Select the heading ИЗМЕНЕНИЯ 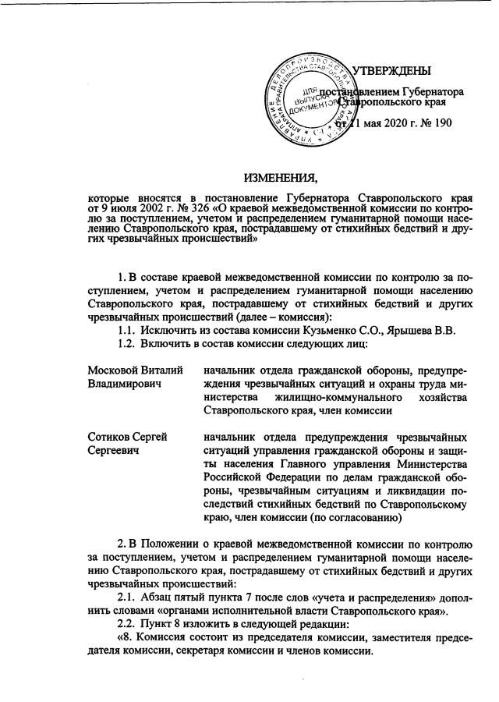[x=280, y=174]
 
